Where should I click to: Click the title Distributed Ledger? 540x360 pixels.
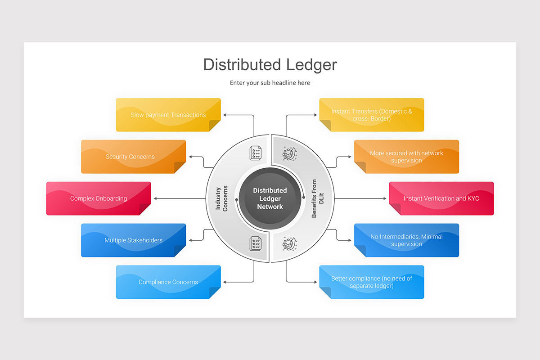click(270, 64)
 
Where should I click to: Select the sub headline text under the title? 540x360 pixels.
click(270, 83)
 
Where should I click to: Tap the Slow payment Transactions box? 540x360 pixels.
click(168, 115)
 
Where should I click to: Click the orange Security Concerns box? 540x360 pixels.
click(133, 157)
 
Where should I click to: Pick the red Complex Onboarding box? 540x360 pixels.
click(99, 198)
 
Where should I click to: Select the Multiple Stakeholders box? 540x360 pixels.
click(133, 240)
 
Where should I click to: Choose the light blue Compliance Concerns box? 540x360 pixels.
click(168, 282)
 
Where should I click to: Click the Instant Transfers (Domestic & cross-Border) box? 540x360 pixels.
click(372, 115)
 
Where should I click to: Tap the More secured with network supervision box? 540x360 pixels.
click(406, 157)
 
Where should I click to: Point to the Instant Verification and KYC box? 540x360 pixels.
click(441, 198)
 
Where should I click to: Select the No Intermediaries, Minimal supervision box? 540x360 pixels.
click(406, 240)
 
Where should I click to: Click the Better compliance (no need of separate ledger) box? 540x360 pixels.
click(372, 282)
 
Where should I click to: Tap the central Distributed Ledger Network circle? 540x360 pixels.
click(270, 198)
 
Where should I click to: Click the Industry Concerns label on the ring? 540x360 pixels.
click(221, 198)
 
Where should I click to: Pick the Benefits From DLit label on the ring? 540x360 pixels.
click(318, 198)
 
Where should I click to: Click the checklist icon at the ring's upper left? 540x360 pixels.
click(256, 153)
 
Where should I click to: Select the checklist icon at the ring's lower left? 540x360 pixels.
click(256, 244)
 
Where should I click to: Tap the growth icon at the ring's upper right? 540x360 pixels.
click(289, 153)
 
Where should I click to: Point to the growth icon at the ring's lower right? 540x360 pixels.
click(289, 244)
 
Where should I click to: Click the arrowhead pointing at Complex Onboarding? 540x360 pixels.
click(155, 198)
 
